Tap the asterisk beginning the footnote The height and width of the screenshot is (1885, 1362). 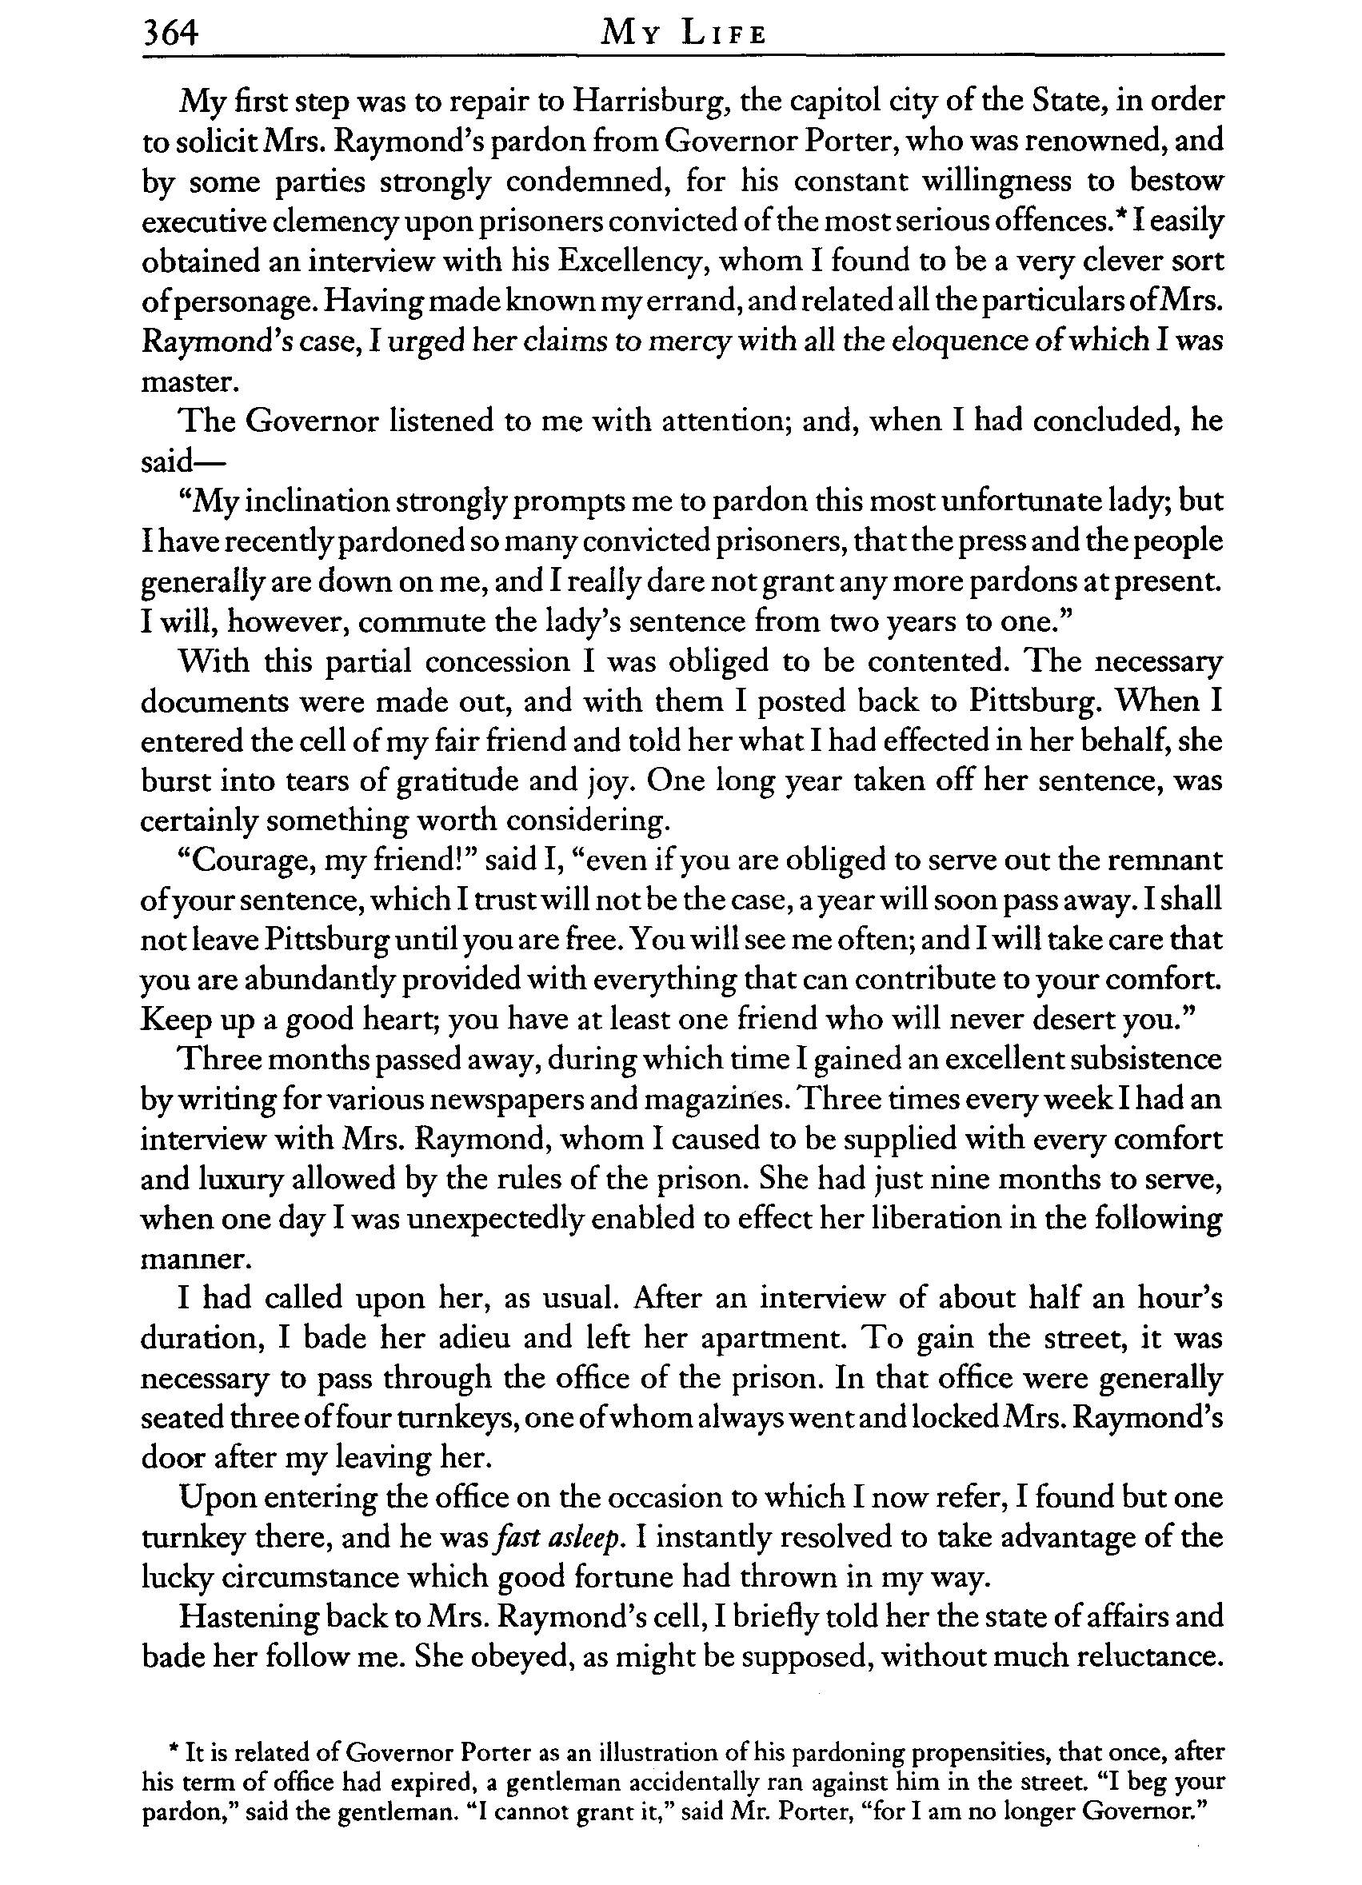[174, 1751]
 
